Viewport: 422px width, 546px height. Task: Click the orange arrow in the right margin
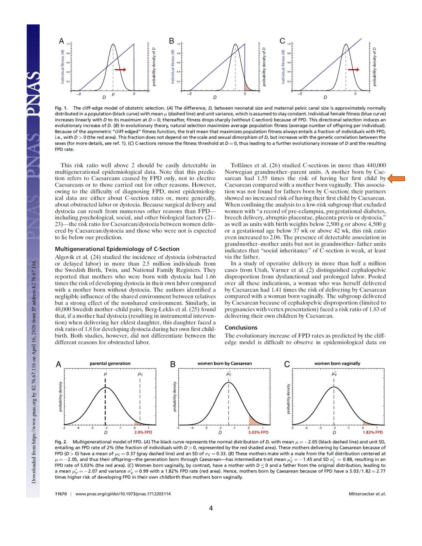tap(396, 179)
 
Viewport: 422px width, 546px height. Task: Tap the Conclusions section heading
tap(241, 327)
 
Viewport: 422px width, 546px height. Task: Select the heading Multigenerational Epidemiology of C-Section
tap(117, 249)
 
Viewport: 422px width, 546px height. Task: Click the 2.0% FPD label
tap(143, 432)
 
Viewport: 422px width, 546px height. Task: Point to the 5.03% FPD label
tap(258, 432)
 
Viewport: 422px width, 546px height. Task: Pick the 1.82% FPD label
tap(372, 432)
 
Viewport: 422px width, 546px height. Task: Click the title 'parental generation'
tap(110, 364)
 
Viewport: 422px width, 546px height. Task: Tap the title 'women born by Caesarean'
tap(225, 364)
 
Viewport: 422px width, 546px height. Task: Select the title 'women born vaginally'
tap(337, 364)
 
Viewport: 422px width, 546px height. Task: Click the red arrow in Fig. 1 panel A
tap(120, 69)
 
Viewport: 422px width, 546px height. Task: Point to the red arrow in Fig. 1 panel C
tap(354, 69)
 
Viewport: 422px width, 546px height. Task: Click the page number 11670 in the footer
tap(61, 493)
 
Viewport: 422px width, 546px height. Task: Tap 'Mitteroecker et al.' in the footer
tap(367, 493)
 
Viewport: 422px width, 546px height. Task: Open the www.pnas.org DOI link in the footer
tap(123, 493)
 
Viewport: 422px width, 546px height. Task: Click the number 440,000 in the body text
tap(376, 165)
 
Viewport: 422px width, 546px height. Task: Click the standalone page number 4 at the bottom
tap(211, 508)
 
